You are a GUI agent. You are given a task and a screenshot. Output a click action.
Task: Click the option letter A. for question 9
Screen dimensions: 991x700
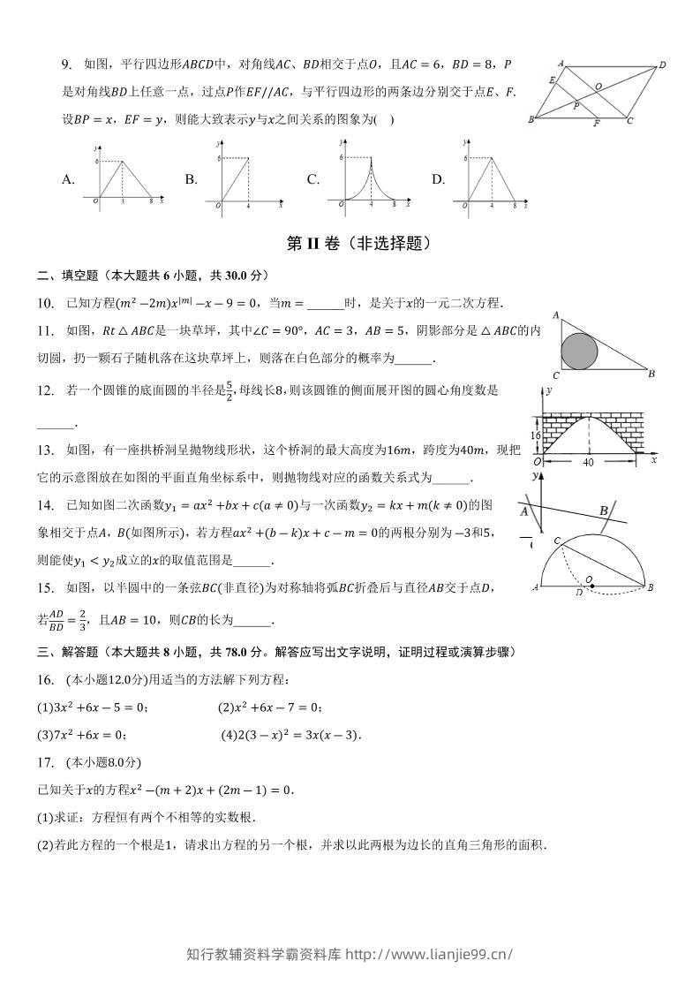[68, 179]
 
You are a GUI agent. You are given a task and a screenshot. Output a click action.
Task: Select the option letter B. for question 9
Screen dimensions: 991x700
[191, 179]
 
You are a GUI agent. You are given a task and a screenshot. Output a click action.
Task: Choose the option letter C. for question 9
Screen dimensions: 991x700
[312, 179]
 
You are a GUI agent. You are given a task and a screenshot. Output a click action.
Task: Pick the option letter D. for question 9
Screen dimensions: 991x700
[438, 179]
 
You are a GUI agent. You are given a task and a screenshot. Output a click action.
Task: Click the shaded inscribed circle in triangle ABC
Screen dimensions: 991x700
[579, 351]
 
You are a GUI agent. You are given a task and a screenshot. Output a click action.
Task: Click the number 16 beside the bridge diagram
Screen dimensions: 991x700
[535, 435]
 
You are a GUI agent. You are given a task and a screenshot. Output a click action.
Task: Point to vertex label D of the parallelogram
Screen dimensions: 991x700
[662, 64]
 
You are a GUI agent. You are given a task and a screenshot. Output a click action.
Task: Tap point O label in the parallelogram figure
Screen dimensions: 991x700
[598, 87]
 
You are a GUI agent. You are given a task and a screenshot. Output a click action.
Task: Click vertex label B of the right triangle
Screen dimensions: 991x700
[651, 374]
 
